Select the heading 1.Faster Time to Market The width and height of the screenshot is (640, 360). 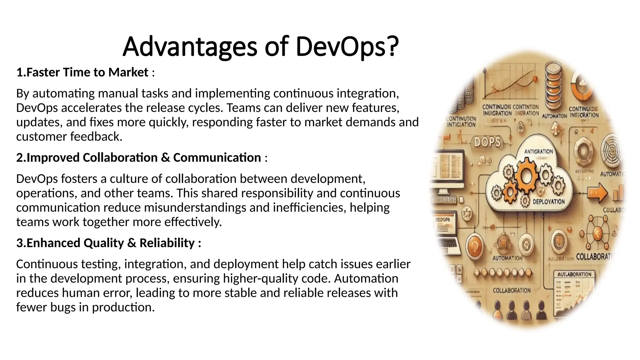click(82, 72)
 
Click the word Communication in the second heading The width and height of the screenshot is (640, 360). click(217, 158)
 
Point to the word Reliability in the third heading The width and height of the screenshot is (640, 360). click(167, 243)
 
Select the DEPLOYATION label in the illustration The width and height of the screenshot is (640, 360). click(548, 202)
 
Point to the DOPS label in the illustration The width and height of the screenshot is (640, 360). click(487, 142)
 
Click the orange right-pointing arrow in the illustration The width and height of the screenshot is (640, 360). click(597, 193)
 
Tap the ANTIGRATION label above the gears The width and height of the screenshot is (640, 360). click(538, 152)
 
